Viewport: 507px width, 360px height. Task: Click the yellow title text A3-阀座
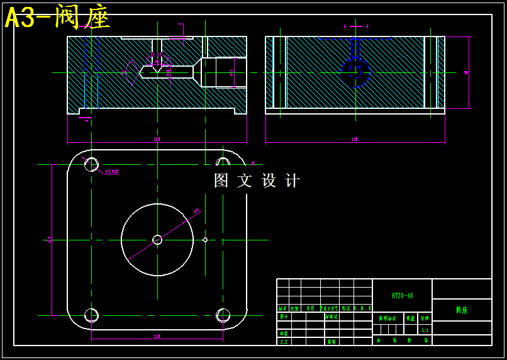coord(58,17)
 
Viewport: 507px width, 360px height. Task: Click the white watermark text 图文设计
coord(257,181)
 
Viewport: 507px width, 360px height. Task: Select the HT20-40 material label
coord(402,295)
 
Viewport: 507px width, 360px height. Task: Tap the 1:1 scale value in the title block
coord(425,330)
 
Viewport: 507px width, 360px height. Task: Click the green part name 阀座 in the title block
coord(462,310)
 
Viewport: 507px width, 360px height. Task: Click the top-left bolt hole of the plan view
coord(91,164)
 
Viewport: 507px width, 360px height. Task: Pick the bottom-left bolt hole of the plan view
coord(91,315)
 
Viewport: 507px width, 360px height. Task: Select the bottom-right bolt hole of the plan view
coord(223,315)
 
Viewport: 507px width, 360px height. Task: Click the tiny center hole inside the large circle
coord(157,240)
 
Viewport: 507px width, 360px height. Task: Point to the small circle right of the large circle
coord(205,239)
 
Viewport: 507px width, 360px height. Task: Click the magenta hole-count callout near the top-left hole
coord(111,171)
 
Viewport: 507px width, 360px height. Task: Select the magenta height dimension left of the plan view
coord(50,239)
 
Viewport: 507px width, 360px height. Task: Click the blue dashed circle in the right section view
coord(355,72)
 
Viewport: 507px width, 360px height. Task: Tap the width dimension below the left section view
coord(157,140)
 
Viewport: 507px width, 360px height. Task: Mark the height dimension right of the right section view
coord(466,72)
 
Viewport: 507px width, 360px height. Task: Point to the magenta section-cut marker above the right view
coord(356,26)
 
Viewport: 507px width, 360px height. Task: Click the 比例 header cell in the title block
coord(425,318)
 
